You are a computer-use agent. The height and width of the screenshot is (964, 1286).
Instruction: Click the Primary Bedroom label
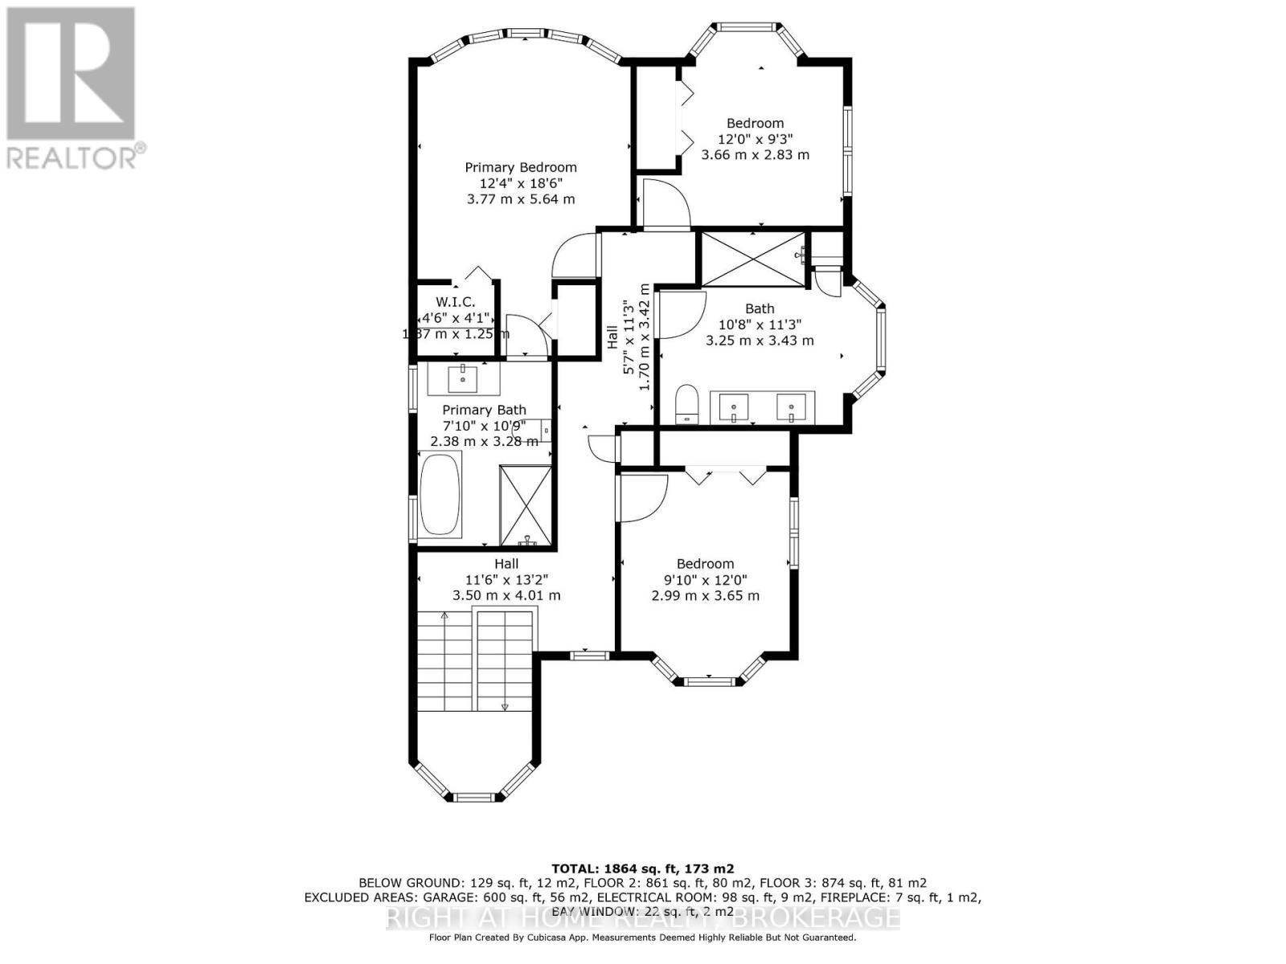coord(521,167)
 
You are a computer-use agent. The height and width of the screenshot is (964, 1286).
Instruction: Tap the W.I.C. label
coord(455,302)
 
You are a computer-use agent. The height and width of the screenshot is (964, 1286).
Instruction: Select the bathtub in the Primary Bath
coord(440,494)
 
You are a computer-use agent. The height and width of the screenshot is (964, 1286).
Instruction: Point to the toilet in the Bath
coord(687,402)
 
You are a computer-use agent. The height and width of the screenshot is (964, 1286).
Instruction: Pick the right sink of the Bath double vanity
coord(792,406)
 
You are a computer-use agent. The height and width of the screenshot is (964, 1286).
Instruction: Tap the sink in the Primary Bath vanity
coord(463,374)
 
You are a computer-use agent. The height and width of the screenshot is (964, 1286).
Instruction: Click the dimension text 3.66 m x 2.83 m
coord(755,154)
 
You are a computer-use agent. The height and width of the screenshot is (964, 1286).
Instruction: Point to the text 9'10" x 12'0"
coord(705,580)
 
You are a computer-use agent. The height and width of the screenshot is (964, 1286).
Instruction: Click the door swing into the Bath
coord(682,313)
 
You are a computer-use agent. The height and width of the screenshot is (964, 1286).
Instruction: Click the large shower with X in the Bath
coord(753,258)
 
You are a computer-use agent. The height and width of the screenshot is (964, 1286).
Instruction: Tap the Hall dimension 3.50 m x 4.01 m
coord(506,595)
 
